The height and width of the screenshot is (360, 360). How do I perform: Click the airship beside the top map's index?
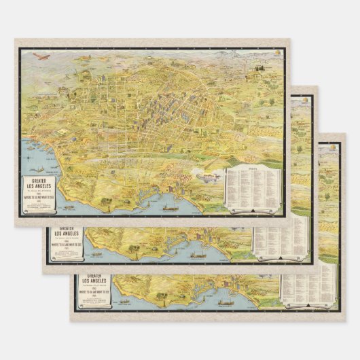point(207,175)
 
